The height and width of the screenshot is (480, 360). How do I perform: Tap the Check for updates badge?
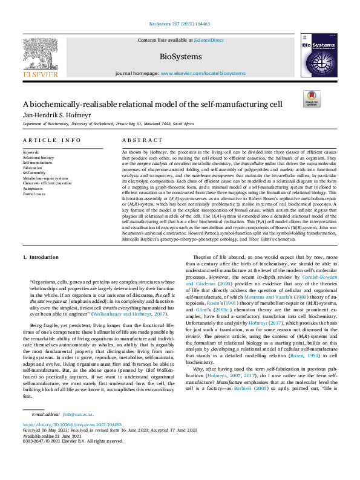311,99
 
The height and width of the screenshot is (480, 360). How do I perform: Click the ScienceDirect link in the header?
209,41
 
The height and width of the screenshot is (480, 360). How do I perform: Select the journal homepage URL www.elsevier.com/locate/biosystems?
203,73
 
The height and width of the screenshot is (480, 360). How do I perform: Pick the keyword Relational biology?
38,157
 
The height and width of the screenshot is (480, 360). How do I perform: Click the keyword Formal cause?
34,194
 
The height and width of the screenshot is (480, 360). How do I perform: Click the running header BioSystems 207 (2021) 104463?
179,24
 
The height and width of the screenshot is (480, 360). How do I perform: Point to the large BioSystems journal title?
180,57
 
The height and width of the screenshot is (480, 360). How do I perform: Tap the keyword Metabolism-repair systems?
45,178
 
